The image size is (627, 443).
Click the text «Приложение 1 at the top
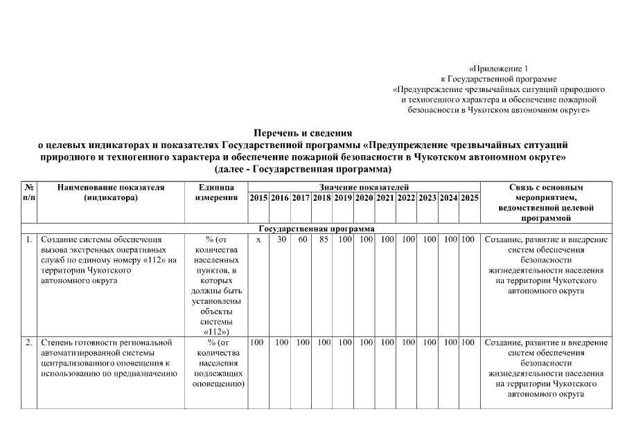tap(498, 69)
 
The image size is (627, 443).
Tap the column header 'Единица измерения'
tap(216, 192)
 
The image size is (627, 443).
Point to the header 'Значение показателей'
tap(364, 187)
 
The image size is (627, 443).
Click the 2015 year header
tap(258, 198)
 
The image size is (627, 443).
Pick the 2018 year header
tap(321, 198)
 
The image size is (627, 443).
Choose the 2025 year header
tap(470, 198)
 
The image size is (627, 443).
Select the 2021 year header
tap(385, 198)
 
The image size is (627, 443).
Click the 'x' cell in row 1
tap(258, 239)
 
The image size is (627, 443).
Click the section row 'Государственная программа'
tap(317, 228)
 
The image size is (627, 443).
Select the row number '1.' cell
tap(28, 239)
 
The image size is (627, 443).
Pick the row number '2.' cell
tap(28, 342)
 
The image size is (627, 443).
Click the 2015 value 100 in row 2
tap(256, 342)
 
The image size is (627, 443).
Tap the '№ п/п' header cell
tap(29, 192)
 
